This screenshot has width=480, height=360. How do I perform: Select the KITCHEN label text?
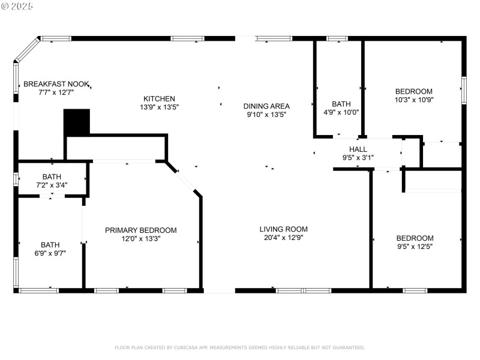coord(159,98)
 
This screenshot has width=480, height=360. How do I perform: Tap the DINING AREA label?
coord(266,106)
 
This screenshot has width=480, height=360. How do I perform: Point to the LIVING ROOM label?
coord(283,229)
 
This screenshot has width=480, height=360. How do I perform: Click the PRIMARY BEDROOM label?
coord(141,230)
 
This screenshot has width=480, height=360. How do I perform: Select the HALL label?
coord(358,149)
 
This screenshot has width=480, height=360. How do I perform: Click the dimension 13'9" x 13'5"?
coord(159,107)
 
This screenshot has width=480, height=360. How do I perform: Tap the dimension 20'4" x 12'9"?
coord(283,238)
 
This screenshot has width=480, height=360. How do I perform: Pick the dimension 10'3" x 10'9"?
coord(413,100)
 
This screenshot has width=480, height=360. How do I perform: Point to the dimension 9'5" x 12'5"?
coord(415,246)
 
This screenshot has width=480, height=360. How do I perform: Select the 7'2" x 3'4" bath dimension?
coord(51,185)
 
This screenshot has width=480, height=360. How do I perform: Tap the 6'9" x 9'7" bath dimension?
coord(50,253)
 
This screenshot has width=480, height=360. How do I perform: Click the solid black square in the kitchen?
coord(76,122)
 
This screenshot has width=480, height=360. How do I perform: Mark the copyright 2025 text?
coord(18,5)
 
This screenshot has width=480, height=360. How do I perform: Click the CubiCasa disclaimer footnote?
coord(239,347)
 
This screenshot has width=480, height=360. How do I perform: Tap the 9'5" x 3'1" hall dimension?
coord(358,158)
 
